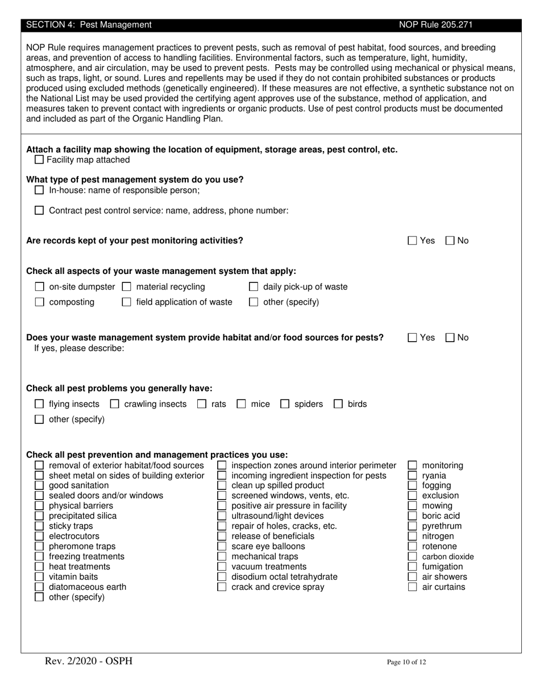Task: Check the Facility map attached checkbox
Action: pos(39,160)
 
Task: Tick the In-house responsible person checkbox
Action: pos(39,190)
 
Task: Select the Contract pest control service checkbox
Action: pos(39,210)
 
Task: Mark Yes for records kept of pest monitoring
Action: pos(413,240)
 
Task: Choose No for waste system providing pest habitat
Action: pos(450,338)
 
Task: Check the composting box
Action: pos(39,302)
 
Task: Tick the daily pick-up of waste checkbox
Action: pos(254,287)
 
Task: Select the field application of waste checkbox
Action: pos(127,302)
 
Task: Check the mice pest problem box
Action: pos(241,404)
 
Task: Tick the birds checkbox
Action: pos(338,404)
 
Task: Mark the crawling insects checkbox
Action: pos(114,404)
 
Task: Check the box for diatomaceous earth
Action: pos(39,587)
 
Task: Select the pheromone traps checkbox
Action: pos(39,547)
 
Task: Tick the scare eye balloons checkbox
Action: pos(222,547)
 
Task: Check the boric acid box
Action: pos(413,516)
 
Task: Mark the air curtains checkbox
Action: pos(413,587)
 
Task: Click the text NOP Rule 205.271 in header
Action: pos(435,25)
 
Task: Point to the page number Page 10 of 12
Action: pos(406,662)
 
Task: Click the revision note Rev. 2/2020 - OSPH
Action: pos(89,661)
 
